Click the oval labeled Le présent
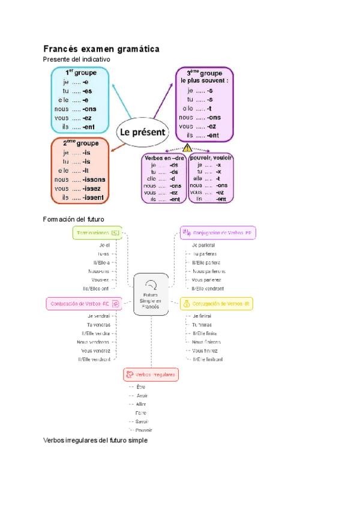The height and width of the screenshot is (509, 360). (143, 132)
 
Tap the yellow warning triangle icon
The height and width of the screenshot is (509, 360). (187, 147)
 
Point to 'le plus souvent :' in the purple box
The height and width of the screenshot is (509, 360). (205, 80)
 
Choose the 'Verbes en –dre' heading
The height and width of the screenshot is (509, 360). (162, 157)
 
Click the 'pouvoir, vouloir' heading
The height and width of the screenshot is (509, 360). (211, 157)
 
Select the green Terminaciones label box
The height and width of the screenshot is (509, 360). (97, 232)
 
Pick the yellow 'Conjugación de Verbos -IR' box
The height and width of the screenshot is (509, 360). (217, 304)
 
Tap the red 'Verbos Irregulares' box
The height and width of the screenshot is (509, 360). (151, 375)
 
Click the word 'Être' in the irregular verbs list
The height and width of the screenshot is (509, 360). (141, 387)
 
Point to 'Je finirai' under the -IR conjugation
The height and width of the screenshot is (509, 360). (205, 316)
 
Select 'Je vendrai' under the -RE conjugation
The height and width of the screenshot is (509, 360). (98, 316)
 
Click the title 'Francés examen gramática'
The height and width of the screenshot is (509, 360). (101, 49)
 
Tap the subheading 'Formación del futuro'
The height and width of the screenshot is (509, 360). (74, 219)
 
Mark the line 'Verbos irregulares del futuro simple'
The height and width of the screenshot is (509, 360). (95, 440)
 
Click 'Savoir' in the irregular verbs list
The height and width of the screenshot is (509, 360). (141, 421)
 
